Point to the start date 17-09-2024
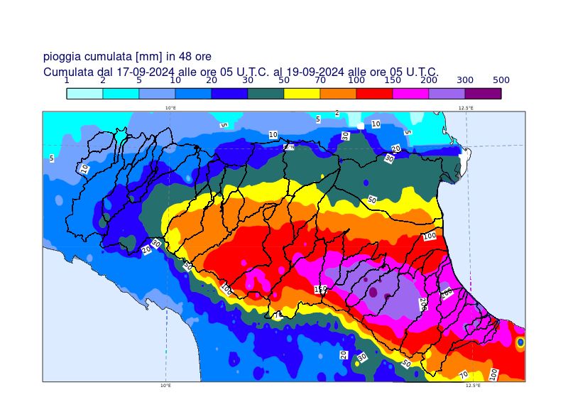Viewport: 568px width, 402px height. [x=146, y=72]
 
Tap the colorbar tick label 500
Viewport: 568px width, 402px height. [x=501, y=80]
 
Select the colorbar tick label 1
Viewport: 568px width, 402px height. [x=67, y=80]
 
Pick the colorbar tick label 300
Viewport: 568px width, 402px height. [x=465, y=80]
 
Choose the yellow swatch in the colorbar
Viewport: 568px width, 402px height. [x=302, y=93]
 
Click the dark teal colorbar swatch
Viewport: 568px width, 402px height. [x=266, y=93]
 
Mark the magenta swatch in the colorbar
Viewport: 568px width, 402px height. [x=410, y=93]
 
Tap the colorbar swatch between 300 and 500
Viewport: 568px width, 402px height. [x=483, y=93]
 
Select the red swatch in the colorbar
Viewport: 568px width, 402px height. [x=374, y=93]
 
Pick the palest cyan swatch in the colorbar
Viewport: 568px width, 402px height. [x=84, y=93]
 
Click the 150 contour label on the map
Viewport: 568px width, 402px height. [x=321, y=290]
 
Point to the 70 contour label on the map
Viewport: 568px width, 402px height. [x=464, y=374]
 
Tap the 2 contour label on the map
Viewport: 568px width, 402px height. [x=337, y=113]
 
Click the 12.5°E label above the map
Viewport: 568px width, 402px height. [x=466, y=108]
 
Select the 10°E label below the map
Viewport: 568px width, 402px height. [x=165, y=386]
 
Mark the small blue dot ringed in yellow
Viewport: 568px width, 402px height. [x=520, y=342]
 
